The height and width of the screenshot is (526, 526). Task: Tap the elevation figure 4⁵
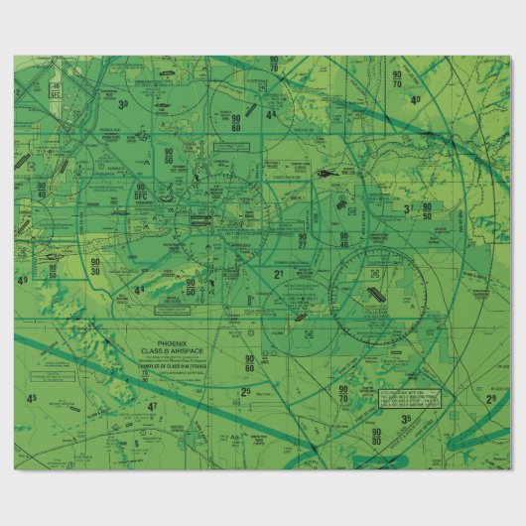click(x=32, y=399)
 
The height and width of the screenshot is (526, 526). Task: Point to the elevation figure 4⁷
click(x=152, y=406)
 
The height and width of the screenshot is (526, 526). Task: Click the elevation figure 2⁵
click(x=245, y=391)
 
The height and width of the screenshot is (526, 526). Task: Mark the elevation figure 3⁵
click(x=406, y=419)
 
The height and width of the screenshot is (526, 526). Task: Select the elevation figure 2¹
click(x=280, y=272)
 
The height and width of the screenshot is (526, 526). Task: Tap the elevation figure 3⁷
click(x=407, y=209)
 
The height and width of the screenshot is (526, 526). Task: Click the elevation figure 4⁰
click(x=415, y=100)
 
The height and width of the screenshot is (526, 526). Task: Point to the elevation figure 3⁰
click(x=123, y=103)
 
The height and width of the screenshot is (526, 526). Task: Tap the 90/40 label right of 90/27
click(x=344, y=239)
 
